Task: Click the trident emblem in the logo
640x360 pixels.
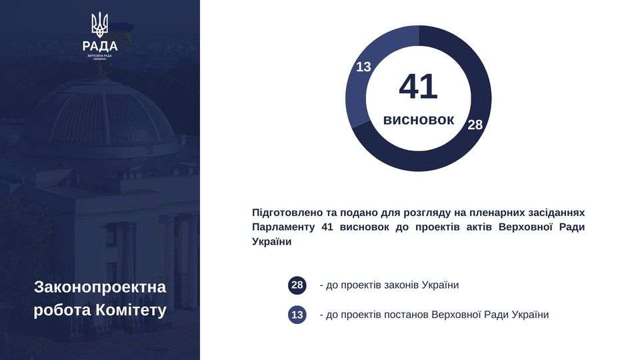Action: (x=99, y=25)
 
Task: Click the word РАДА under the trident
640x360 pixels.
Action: (x=100, y=46)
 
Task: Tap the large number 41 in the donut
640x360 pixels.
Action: (x=419, y=87)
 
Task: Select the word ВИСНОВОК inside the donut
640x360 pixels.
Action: (x=419, y=120)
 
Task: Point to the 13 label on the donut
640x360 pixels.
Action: (x=363, y=67)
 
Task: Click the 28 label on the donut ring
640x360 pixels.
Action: (x=475, y=125)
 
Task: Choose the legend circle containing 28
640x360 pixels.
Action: (x=297, y=285)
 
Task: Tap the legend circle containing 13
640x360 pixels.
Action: (x=297, y=315)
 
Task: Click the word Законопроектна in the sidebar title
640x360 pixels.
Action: (x=100, y=287)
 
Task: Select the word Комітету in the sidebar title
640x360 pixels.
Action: (x=131, y=310)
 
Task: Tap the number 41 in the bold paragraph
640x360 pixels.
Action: (x=327, y=227)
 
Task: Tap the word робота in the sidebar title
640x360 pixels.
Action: (x=63, y=310)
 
